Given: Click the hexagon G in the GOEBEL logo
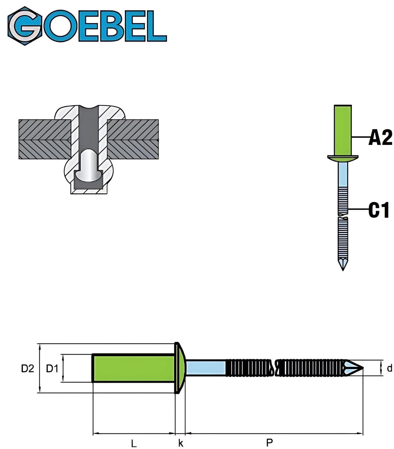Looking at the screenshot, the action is (x=25, y=26).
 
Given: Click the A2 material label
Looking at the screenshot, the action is (x=380, y=138).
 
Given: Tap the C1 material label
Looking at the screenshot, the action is (x=379, y=210).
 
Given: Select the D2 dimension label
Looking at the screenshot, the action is (x=28, y=368).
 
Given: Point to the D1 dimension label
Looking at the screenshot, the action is (x=52, y=368).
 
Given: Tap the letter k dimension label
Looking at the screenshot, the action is (x=181, y=431).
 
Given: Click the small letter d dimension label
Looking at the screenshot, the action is (x=389, y=368).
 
